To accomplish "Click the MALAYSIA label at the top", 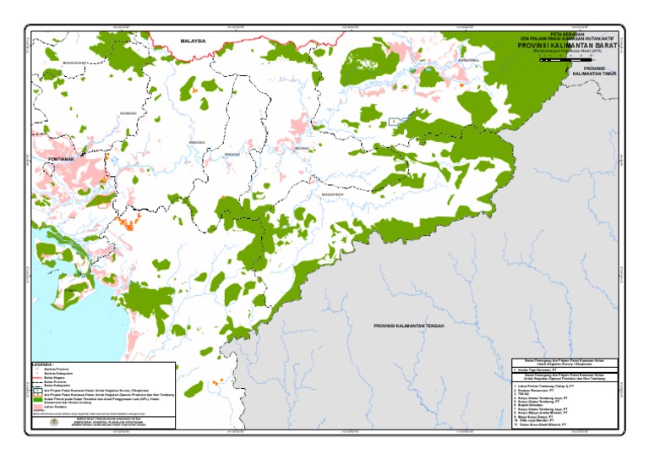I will point(194,40).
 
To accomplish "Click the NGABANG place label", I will point(128,112).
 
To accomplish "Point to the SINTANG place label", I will point(302,149).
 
